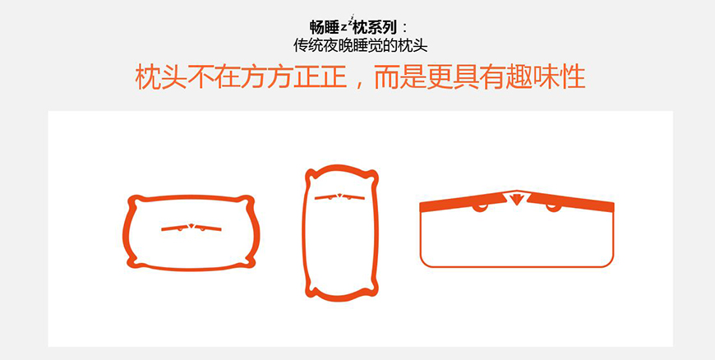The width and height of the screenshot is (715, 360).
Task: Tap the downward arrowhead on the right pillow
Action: [516, 197]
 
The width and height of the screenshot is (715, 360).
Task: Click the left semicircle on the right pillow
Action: [479, 207]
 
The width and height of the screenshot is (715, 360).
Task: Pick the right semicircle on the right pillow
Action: [553, 207]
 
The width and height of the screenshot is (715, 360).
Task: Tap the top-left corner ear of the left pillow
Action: [132, 200]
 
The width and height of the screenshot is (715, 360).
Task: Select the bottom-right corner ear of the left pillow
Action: [247, 263]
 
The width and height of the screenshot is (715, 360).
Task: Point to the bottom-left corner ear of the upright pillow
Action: [311, 288]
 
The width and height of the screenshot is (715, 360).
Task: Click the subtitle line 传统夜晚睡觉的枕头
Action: [360, 44]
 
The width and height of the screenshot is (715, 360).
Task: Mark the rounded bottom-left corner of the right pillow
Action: [426, 261]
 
